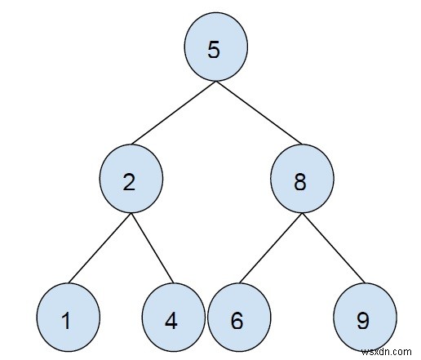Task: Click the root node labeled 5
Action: tap(214, 50)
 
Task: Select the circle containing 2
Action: tap(130, 182)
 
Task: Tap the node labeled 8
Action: tap(300, 182)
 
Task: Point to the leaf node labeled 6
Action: tap(237, 320)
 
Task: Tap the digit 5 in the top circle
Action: tap(214, 50)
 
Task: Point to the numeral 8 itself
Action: tap(300, 182)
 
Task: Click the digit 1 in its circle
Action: tap(68, 320)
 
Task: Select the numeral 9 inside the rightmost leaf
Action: tap(365, 320)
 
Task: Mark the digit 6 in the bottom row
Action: tap(237, 320)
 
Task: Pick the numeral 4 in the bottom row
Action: tap(172, 320)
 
